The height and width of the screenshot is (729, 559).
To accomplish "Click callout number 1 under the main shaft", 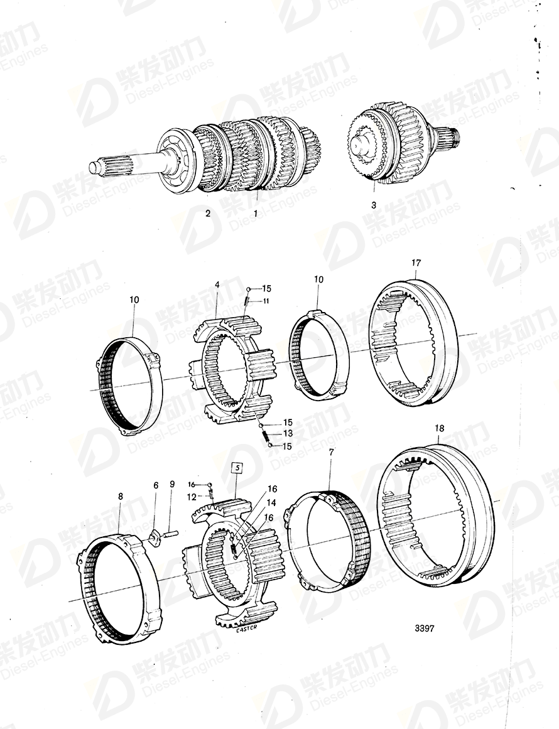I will pos(256,213).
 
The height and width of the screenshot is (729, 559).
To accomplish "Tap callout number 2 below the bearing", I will pos(208,213).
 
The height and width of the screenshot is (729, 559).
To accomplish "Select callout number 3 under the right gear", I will pos(374,205).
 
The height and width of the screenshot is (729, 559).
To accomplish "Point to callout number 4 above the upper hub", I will pos(217,285).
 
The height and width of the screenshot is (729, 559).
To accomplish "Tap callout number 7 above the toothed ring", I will pos(331,452).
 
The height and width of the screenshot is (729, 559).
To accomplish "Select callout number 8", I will pos(121,496).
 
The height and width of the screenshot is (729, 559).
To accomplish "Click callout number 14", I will pos(272,503).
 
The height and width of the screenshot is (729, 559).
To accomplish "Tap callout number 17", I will pos(416,263).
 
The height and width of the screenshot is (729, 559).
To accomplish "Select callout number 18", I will pos(439,428).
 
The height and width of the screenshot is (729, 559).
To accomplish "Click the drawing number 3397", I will pos(425,629).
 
